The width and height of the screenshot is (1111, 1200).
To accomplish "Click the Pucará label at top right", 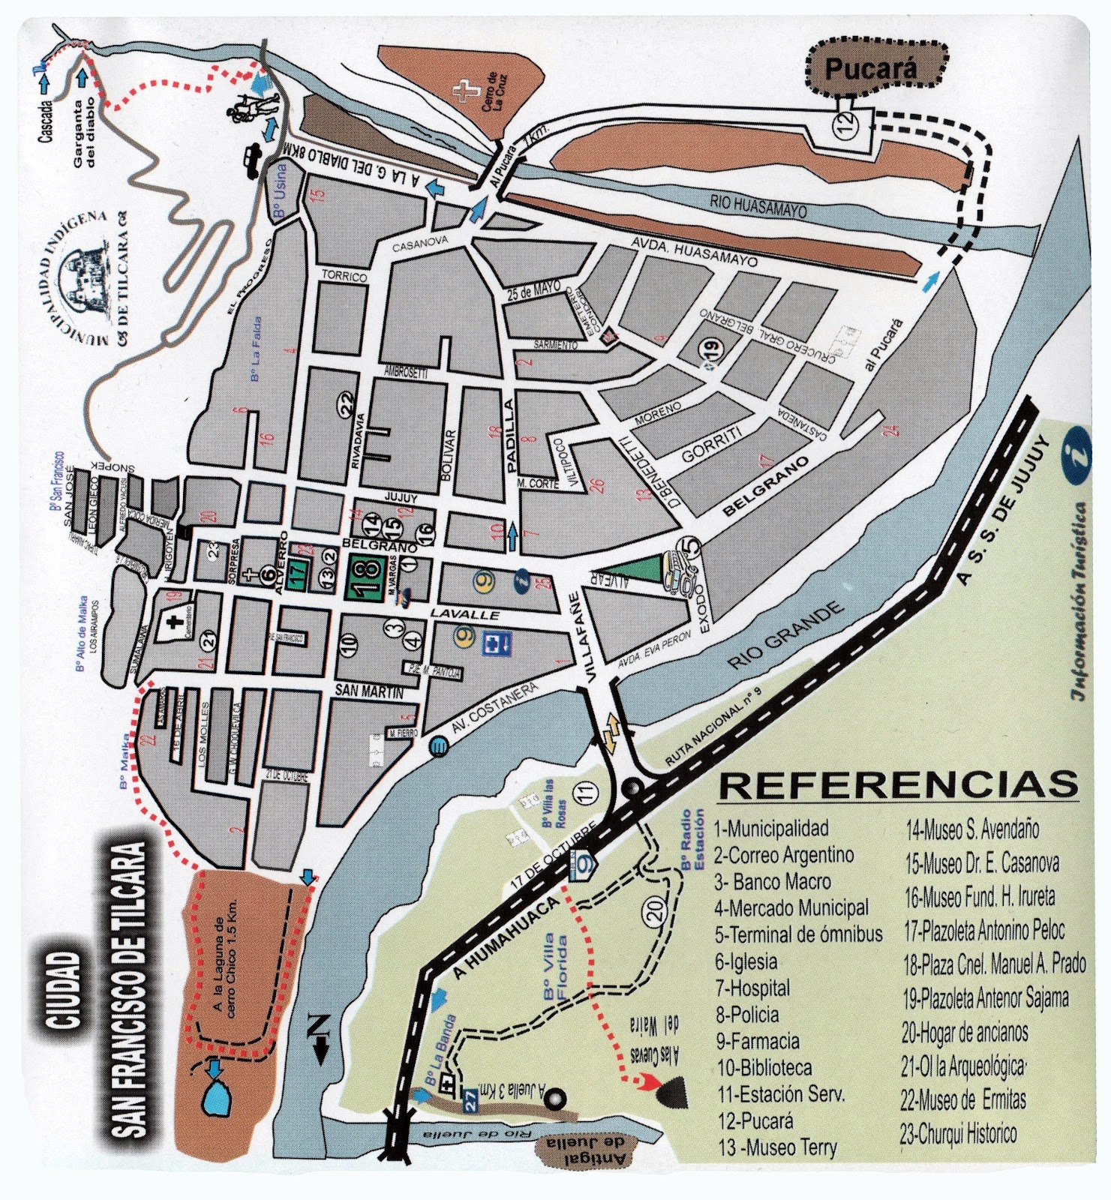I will coord(870,69).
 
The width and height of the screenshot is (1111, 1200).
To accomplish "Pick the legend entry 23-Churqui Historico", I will coord(958,1133).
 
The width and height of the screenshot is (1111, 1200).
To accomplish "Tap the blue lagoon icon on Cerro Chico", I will coord(216,1096).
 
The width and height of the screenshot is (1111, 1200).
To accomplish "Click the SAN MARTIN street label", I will coord(368,691).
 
